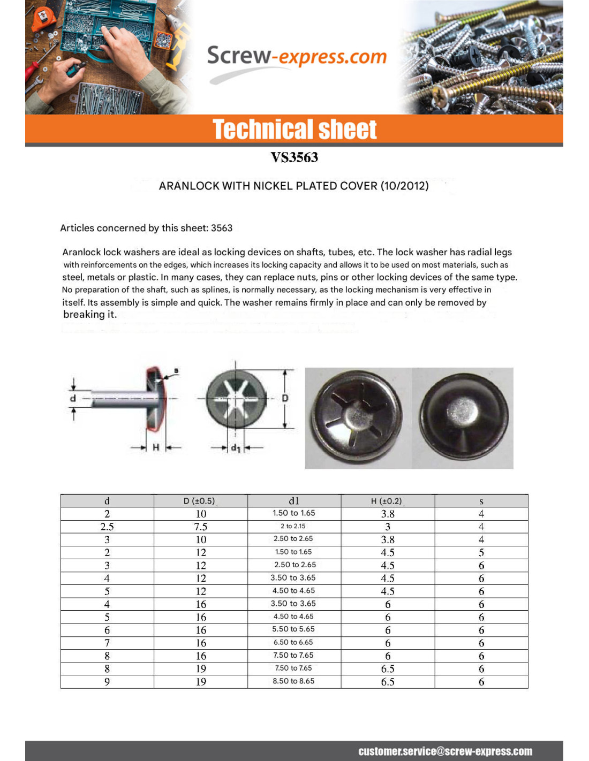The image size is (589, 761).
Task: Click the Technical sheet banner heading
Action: point(294,130)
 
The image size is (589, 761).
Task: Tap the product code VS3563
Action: point(294,157)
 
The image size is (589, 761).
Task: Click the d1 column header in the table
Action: point(294,501)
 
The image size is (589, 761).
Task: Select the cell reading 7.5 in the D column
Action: point(201,527)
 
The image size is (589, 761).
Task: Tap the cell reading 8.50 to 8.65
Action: point(293,681)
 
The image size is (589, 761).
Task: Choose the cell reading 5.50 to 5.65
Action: point(293,629)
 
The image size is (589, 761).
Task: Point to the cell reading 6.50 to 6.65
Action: point(293,642)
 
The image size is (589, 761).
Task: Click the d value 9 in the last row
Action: point(107,682)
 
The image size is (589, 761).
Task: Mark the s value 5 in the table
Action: point(481,552)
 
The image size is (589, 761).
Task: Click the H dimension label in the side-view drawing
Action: point(156,447)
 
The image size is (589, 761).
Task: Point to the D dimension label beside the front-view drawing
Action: point(285,398)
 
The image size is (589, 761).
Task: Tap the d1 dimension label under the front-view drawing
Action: point(236,448)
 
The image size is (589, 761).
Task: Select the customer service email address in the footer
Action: point(445,751)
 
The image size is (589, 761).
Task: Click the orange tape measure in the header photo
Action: point(43,18)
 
